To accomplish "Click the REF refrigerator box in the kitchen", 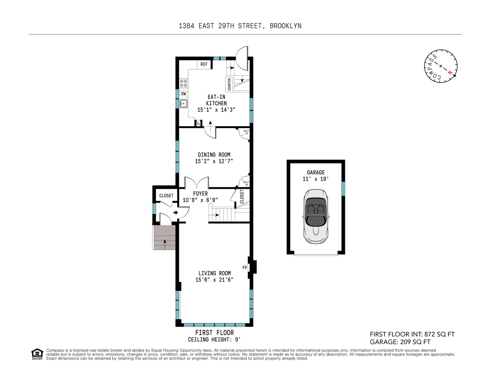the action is pyautogui.click(x=204, y=64).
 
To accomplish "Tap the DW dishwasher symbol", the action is pyautogui.click(x=184, y=94).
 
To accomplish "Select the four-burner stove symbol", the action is pyautogui.click(x=183, y=83).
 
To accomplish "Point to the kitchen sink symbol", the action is pyautogui.click(x=184, y=103).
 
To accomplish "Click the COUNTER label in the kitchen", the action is pyautogui.click(x=229, y=84).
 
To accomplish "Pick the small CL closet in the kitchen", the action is pyautogui.click(x=198, y=124).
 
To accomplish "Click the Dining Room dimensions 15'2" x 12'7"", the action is pyautogui.click(x=214, y=161).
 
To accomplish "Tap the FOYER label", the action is pyautogui.click(x=200, y=194).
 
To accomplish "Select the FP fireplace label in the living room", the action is pyautogui.click(x=245, y=268).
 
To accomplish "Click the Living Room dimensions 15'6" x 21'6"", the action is pyautogui.click(x=214, y=280).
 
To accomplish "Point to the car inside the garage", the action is pyautogui.click(x=316, y=216).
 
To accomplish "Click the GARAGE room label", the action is pyautogui.click(x=316, y=172).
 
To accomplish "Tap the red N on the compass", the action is pyautogui.click(x=450, y=72).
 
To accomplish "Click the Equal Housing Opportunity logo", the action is pyautogui.click(x=37, y=354).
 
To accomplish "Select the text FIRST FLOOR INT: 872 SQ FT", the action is pyautogui.click(x=412, y=334).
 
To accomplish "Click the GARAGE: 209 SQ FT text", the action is pyautogui.click(x=400, y=342).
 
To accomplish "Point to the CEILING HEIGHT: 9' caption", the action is pyautogui.click(x=214, y=340).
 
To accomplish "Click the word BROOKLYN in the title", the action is pyautogui.click(x=286, y=26).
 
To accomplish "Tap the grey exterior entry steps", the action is pyautogui.click(x=164, y=237).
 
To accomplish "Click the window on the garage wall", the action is pyautogui.click(x=343, y=189).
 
